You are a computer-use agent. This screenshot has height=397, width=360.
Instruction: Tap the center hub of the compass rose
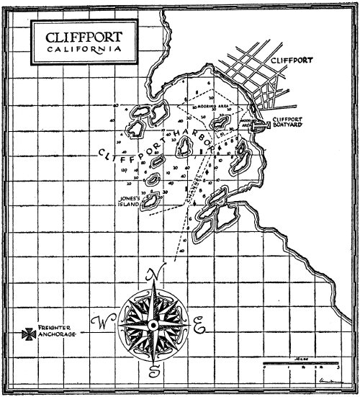[153, 326]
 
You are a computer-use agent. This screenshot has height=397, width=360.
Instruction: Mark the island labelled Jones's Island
[152, 200]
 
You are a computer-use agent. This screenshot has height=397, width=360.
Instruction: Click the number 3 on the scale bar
[334, 368]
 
